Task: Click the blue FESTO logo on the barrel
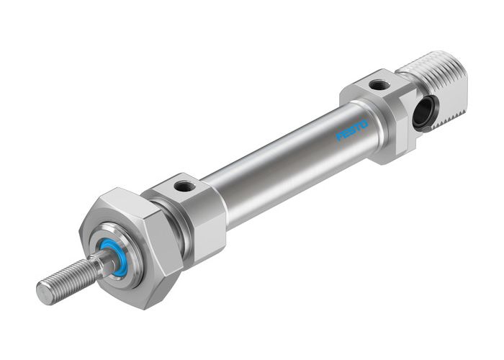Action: pos(352,130)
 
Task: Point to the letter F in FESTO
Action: pos(339,137)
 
